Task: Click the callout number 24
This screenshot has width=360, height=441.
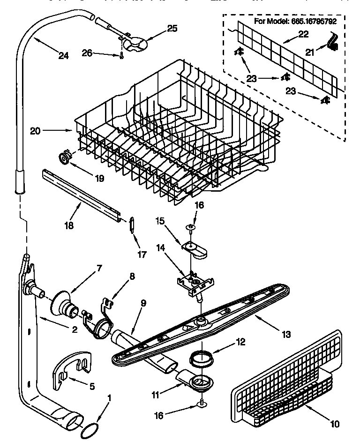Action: click(x=63, y=56)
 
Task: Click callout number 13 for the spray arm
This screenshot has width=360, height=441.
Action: click(x=286, y=334)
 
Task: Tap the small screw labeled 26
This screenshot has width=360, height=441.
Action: click(x=121, y=56)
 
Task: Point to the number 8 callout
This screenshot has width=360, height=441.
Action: click(x=132, y=277)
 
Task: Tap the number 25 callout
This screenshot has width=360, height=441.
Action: click(x=172, y=28)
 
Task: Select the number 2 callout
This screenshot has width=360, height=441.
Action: click(x=75, y=329)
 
